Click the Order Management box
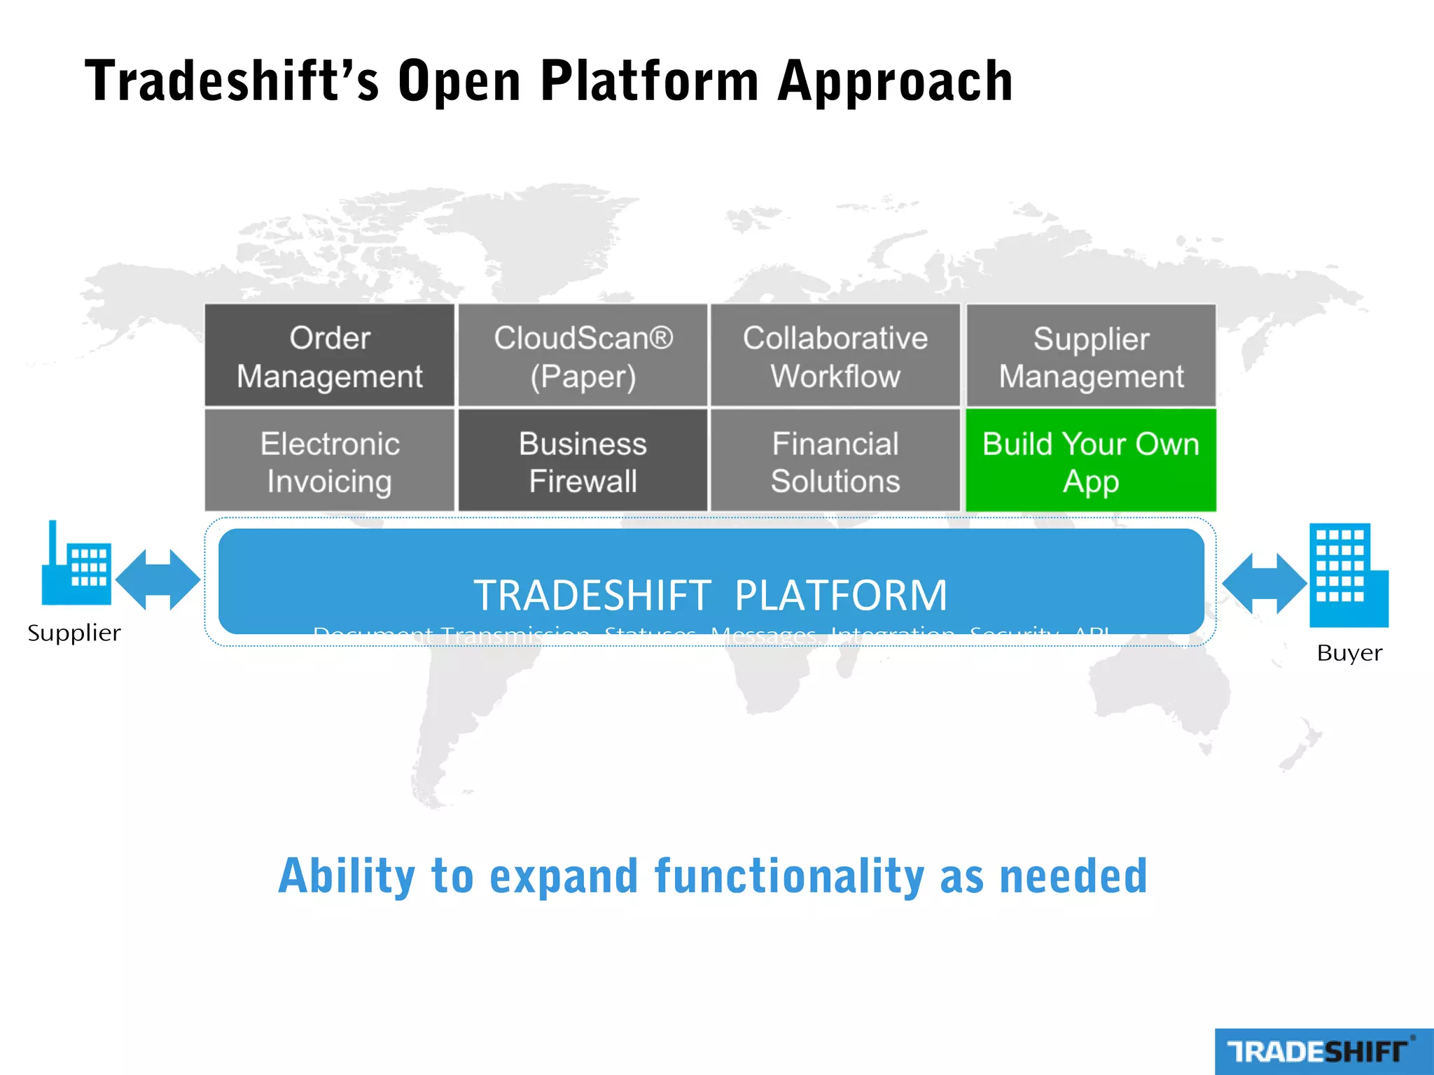point(329,356)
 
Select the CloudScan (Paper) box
point(583,356)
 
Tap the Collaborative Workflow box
point(835,356)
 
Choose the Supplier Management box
point(1091,356)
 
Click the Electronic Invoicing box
point(329,461)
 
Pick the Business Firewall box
point(583,461)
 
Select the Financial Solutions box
point(835,461)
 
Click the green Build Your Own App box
point(1091,461)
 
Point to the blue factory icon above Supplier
point(76,566)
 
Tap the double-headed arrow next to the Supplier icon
point(158,579)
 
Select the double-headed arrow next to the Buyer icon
point(1264,584)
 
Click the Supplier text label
point(74,633)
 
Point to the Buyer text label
point(1349,653)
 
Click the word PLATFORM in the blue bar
point(840,595)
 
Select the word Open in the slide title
point(459,82)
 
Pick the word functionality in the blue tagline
point(789,876)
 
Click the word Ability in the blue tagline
point(347,876)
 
